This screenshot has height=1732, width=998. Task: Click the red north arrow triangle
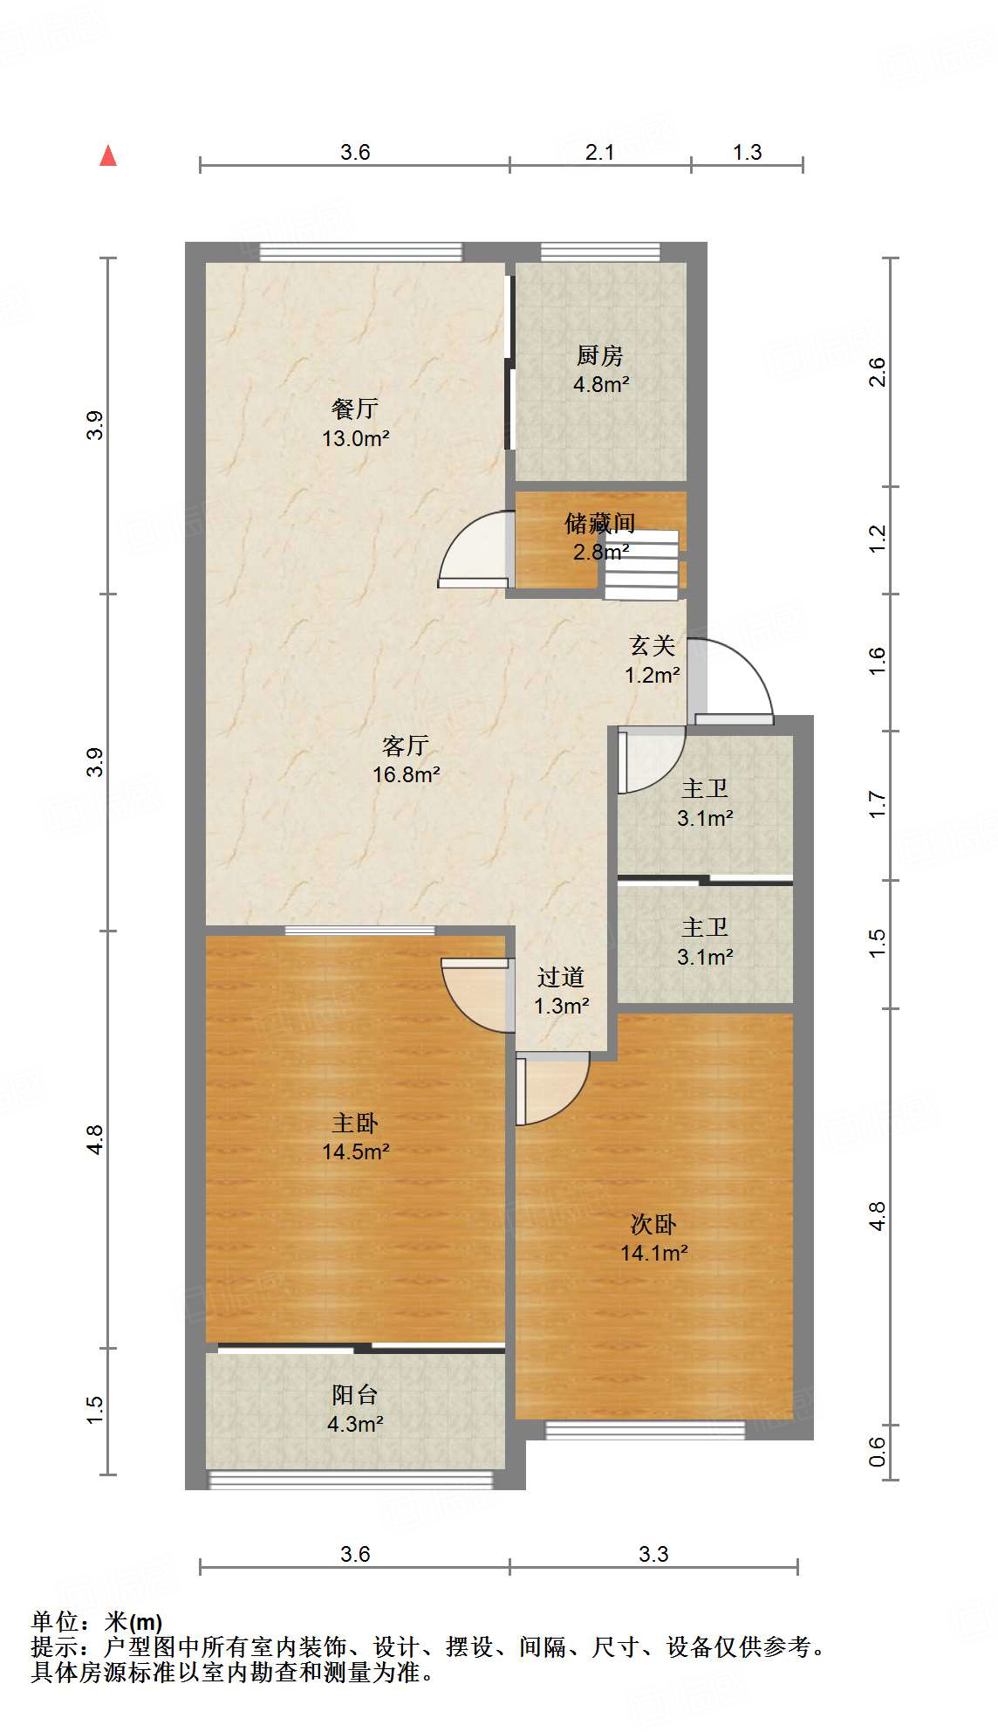tap(108, 156)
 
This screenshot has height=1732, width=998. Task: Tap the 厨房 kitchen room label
tap(600, 369)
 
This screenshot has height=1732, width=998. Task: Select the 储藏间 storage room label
tap(600, 536)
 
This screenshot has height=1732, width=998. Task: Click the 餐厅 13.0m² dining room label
tap(355, 423)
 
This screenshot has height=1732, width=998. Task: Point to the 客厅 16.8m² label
tap(406, 759)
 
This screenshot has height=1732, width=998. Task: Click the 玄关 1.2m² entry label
tap(652, 660)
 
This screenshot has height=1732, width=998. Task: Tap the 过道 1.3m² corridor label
tap(561, 991)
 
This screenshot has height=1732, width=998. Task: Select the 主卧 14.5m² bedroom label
tap(355, 1137)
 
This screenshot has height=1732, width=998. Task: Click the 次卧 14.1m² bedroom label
tap(653, 1238)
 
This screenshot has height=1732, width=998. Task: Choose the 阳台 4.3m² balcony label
tap(355, 1409)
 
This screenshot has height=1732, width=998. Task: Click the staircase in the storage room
tap(641, 565)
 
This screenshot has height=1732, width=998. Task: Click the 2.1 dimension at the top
tap(599, 152)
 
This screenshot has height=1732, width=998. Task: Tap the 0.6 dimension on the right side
tap(877, 1451)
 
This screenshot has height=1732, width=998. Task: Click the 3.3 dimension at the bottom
tap(653, 1554)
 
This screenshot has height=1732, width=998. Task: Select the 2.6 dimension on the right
tap(877, 373)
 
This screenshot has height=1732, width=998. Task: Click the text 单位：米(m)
tap(97, 1622)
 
